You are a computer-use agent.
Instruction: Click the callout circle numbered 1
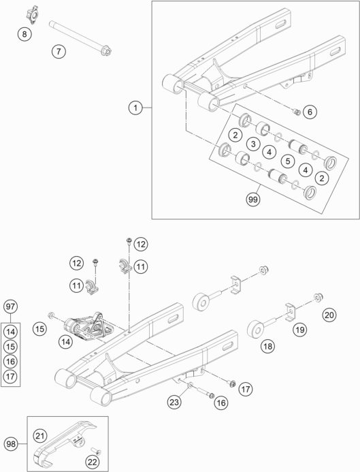pyautogui.click(x=135, y=108)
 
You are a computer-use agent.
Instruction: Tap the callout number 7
pyautogui.click(x=59, y=51)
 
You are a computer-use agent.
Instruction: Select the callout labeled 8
pyautogui.click(x=24, y=34)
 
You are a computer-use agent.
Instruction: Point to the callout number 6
pyautogui.click(x=310, y=112)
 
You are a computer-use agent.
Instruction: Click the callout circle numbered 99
pyautogui.click(x=253, y=200)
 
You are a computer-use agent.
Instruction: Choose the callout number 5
pyautogui.click(x=288, y=161)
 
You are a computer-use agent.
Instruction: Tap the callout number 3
pyautogui.click(x=253, y=144)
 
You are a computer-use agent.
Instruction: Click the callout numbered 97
pyautogui.click(x=10, y=306)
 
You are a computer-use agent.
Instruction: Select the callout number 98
pyautogui.click(x=11, y=444)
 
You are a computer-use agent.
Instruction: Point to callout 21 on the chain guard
pyautogui.click(x=40, y=436)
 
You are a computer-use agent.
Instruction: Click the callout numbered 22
pyautogui.click(x=92, y=462)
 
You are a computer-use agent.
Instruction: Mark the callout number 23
pyautogui.click(x=174, y=402)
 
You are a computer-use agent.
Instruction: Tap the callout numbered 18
pyautogui.click(x=267, y=346)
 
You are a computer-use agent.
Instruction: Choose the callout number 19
pyautogui.click(x=300, y=330)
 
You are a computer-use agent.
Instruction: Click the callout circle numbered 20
pyautogui.click(x=329, y=315)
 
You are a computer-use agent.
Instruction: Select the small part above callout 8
pyautogui.click(x=32, y=14)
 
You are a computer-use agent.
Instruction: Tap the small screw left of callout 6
pyautogui.click(x=297, y=112)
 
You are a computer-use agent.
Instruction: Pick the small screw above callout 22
pyautogui.click(x=96, y=451)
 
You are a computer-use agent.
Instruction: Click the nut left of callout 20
pyautogui.click(x=318, y=298)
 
